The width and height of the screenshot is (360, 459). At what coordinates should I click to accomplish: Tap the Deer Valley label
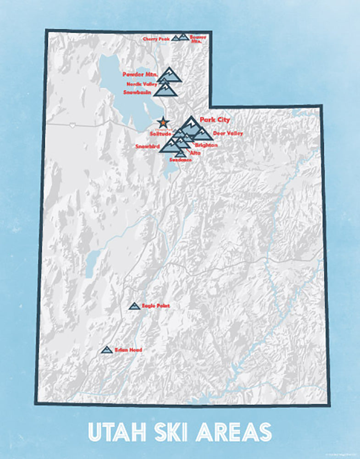click(x=228, y=134)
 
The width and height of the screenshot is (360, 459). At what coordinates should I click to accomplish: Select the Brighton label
click(x=206, y=145)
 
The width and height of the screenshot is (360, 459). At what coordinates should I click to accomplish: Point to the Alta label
click(x=195, y=152)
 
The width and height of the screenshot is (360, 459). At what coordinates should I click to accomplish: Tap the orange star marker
click(x=162, y=123)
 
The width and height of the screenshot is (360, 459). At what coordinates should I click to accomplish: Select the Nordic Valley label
click(x=142, y=84)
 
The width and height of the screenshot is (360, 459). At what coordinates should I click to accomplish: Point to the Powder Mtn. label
click(x=140, y=74)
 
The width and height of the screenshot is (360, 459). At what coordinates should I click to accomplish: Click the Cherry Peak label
click(x=156, y=39)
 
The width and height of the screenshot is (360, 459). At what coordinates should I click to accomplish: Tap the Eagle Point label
click(x=155, y=305)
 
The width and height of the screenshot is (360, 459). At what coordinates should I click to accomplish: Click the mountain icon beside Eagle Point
click(x=134, y=306)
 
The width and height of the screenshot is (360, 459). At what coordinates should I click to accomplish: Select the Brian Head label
click(x=128, y=350)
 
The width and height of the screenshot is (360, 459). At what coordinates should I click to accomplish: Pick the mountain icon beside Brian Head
click(x=107, y=350)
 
